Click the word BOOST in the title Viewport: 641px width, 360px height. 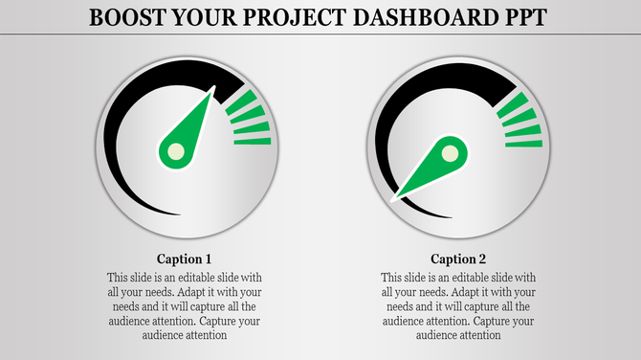122,17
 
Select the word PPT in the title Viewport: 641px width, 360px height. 518,17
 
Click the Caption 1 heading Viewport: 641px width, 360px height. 184,259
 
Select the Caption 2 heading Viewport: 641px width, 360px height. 458,259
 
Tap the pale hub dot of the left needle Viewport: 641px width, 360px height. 175,150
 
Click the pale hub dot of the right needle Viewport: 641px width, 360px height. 451,152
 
